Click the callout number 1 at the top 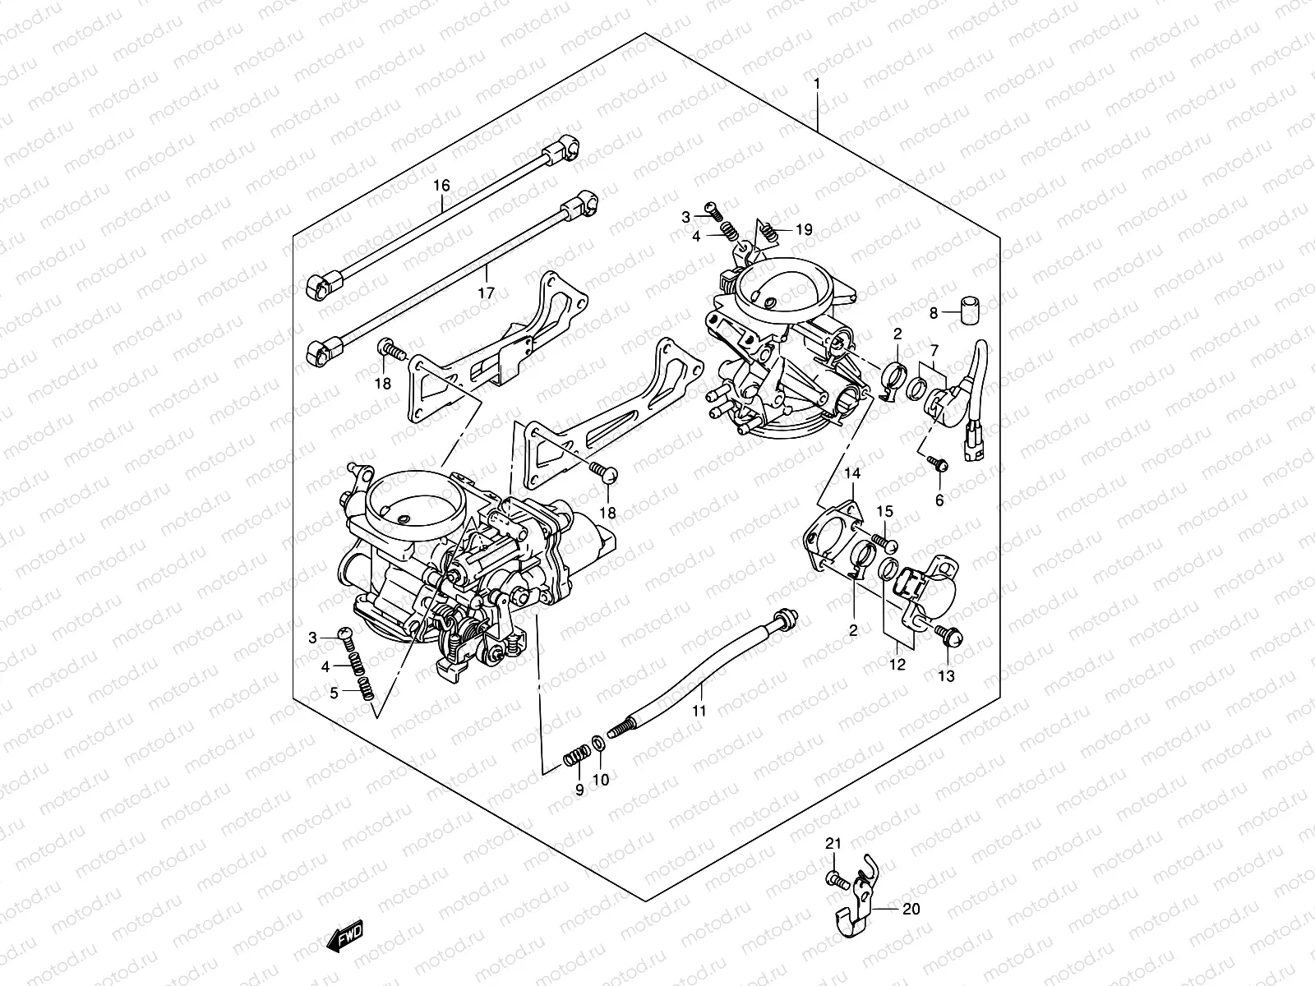tap(816, 84)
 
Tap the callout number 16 tap(442, 186)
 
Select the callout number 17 tap(486, 293)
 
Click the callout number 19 tap(803, 230)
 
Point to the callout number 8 tap(934, 313)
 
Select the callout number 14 tap(851, 473)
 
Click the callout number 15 tap(884, 512)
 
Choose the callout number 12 tap(897, 665)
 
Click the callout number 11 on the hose tap(699, 712)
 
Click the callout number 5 tap(335, 693)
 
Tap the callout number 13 tap(947, 676)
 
